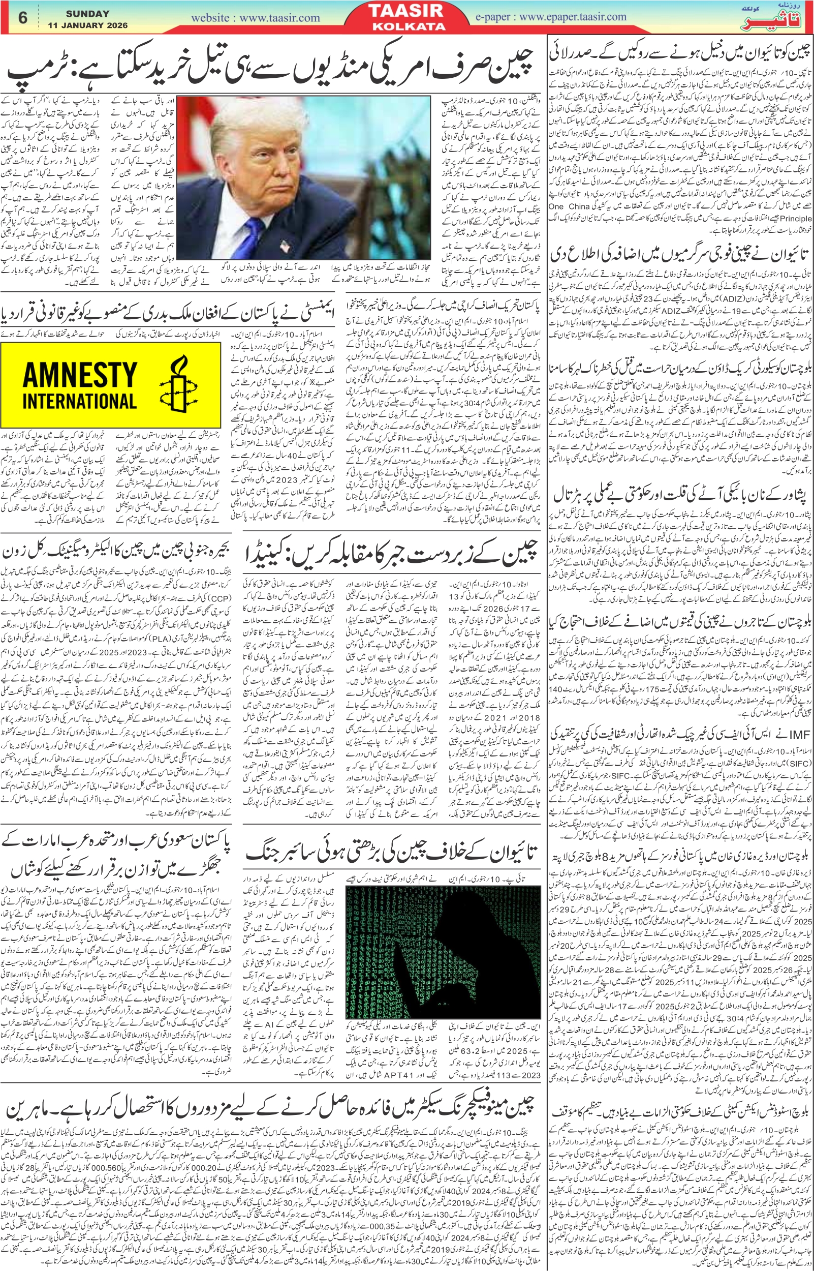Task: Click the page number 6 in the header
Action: tap(22, 17)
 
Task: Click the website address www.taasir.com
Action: tap(255, 18)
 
